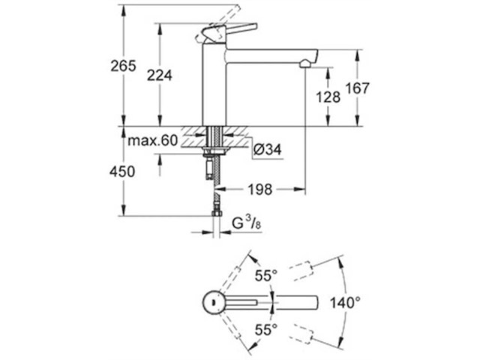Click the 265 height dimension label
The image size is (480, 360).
pyautogui.click(x=122, y=65)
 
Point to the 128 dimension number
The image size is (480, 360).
pyautogui.click(x=328, y=97)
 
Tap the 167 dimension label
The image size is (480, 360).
pyautogui.click(x=359, y=88)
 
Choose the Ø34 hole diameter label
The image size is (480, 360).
pyautogui.click(x=266, y=150)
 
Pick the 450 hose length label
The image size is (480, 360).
pyautogui.click(x=122, y=172)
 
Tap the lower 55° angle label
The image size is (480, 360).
pyautogui.click(x=265, y=328)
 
